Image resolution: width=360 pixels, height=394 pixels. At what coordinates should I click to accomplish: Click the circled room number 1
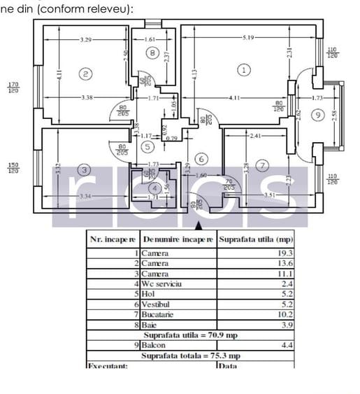(243, 70)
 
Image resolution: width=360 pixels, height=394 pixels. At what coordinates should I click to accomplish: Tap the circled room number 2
(86, 73)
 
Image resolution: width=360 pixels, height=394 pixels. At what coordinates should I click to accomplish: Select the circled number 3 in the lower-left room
(85, 170)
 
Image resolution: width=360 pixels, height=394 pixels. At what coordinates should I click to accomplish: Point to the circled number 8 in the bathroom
(152, 52)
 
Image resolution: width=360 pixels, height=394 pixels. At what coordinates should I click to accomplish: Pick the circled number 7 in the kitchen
(262, 166)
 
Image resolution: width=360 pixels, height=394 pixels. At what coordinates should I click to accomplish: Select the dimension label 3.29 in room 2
(86, 39)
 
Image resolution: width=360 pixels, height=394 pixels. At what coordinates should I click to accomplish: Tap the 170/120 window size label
(13, 87)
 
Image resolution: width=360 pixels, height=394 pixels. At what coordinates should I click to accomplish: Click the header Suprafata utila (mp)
(254, 238)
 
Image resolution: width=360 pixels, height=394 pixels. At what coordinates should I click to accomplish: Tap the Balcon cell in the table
(155, 345)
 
